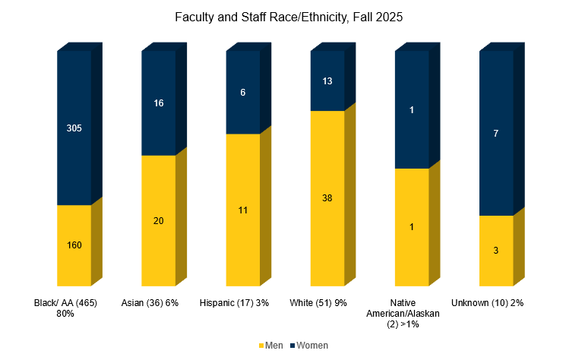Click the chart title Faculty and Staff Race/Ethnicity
tap(292, 16)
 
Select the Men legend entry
tap(271, 346)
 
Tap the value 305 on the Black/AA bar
tap(74, 128)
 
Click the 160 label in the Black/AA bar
tap(74, 245)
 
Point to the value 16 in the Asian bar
tap(159, 103)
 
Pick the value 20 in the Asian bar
tap(159, 221)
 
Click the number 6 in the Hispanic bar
tap(243, 92)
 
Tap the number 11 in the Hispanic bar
tap(243, 210)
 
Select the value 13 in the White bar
tap(327, 81)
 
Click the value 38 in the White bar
tap(327, 198)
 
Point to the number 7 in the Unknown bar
tap(496, 134)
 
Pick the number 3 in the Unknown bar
tap(496, 250)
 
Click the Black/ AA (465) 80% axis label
tap(66, 308)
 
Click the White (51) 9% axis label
tap(318, 303)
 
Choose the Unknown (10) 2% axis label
tap(488, 303)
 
